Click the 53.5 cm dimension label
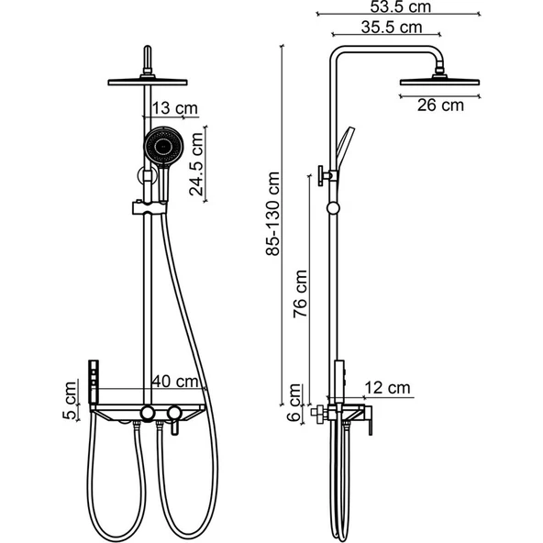tap(400, 6)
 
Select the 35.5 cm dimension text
tap(392, 28)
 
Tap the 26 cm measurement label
tap(440, 105)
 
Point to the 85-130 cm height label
tap(273, 214)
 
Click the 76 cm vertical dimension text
tap(300, 294)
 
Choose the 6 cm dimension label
tap(294, 402)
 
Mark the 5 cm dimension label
tap(70, 400)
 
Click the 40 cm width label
tap(175, 382)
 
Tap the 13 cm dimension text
tap(175, 108)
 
